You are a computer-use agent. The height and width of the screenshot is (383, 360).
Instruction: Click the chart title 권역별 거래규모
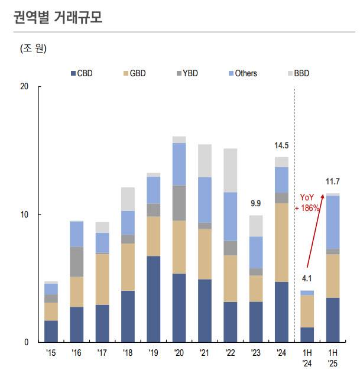pyautogui.click(x=57, y=18)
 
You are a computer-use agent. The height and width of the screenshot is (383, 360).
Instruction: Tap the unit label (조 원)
pyautogui.click(x=33, y=48)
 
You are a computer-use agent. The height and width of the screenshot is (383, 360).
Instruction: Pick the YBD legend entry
pyautogui.click(x=184, y=73)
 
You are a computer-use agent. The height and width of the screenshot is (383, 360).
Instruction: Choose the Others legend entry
pyautogui.click(x=242, y=73)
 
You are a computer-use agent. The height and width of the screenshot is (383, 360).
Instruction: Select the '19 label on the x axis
pyautogui.click(x=153, y=353)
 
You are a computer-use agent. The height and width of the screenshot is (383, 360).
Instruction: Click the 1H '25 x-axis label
pyautogui.click(x=332, y=358)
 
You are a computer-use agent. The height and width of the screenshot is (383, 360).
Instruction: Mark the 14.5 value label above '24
pyautogui.click(x=281, y=145)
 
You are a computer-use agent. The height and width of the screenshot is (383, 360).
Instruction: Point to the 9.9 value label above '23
pyautogui.click(x=255, y=204)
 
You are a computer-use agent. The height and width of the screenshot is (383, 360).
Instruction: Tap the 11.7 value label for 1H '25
pyautogui.click(x=333, y=181)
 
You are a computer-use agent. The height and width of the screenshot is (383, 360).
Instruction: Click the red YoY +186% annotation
pyautogui.click(x=310, y=203)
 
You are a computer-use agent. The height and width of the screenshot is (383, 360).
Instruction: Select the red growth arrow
pyautogui.click(x=315, y=233)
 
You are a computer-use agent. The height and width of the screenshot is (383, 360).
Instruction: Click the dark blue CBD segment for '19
pyautogui.click(x=153, y=298)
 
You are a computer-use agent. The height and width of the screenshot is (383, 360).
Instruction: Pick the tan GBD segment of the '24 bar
pyautogui.click(x=281, y=242)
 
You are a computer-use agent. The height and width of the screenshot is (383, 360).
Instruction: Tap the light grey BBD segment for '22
pyautogui.click(x=230, y=170)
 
